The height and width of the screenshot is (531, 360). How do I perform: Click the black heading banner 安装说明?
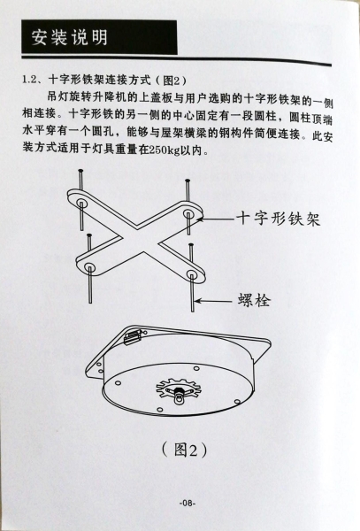99,37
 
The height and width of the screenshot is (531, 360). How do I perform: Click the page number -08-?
188,503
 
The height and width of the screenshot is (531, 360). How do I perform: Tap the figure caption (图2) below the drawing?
184,450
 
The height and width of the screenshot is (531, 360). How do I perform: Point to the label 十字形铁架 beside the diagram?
278,219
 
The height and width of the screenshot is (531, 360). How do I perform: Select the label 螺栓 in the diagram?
254,300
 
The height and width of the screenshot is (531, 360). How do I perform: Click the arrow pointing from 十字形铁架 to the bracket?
215,219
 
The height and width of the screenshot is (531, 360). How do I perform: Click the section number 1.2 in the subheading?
29,80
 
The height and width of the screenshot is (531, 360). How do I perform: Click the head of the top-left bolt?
80,170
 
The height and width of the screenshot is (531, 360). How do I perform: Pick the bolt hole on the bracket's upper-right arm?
188,213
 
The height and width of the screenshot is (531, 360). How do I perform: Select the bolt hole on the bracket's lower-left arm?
89,267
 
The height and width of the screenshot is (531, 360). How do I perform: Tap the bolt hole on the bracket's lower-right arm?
192,273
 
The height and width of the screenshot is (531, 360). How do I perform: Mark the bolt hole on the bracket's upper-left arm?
81,204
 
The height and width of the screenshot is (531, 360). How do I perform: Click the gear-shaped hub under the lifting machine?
179,389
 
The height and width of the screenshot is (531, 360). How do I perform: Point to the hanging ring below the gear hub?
179,399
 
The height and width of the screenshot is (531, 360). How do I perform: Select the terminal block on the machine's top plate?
132,336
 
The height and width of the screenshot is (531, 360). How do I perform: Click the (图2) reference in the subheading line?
172,81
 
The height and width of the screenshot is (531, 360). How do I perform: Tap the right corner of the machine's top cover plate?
270,342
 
